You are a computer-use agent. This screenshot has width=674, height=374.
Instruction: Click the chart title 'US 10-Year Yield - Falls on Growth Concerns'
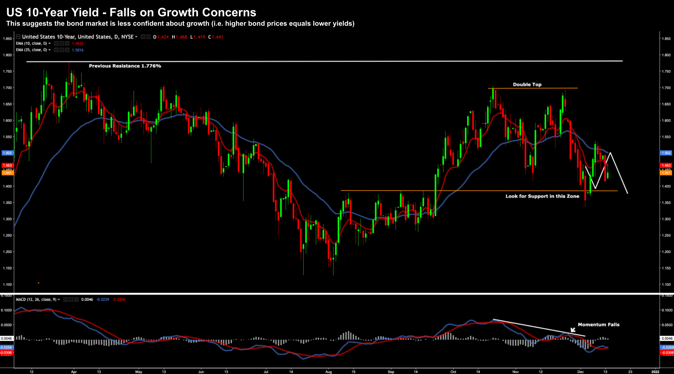(131, 12)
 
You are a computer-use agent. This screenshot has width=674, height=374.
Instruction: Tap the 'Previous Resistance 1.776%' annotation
(125, 66)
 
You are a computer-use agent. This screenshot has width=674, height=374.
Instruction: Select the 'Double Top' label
(527, 84)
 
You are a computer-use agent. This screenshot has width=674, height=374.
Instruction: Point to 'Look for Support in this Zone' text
(542, 196)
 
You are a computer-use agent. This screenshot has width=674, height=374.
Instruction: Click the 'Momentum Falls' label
(598, 324)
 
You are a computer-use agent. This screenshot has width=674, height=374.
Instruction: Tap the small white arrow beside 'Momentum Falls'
(573, 330)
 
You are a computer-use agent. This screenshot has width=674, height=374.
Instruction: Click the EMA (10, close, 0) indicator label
(31, 43)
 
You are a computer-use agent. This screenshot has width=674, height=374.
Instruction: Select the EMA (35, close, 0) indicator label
(31, 50)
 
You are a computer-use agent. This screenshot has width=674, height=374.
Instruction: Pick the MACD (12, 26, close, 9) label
(36, 299)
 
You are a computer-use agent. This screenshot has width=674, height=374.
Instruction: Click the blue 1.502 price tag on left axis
(7, 153)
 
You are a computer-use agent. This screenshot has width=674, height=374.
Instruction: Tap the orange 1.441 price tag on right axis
(666, 173)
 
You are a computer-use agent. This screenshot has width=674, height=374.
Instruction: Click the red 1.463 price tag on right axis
(666, 165)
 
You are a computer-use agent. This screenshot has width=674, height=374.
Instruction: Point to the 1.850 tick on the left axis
(7, 38)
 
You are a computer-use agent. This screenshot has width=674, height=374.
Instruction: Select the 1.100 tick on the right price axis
(666, 284)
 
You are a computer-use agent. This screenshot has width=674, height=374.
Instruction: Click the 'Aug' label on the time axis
(328, 372)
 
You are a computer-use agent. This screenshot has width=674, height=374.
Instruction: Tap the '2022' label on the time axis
(655, 372)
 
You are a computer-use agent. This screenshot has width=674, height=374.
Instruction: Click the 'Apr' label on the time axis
(74, 372)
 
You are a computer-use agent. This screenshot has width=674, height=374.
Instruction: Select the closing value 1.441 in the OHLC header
(217, 37)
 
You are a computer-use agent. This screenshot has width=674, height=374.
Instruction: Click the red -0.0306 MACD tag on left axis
(6, 353)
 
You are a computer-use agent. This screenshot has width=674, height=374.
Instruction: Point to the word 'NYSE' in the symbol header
(127, 37)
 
